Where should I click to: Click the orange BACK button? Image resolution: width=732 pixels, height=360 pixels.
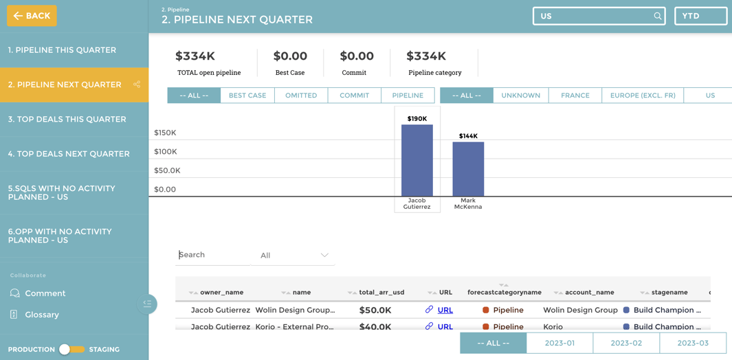[32, 16]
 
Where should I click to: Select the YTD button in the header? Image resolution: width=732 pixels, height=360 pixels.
[700, 16]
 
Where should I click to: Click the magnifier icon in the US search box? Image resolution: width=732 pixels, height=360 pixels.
[657, 16]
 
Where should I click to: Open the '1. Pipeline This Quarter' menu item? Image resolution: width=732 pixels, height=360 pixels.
[62, 50]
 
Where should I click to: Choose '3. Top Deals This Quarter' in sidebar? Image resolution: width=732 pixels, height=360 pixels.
[67, 120]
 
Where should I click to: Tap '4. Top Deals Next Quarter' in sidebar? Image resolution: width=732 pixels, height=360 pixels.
[69, 154]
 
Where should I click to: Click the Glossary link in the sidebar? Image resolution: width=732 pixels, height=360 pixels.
[42, 315]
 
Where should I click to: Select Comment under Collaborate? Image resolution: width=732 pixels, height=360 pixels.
[45, 293]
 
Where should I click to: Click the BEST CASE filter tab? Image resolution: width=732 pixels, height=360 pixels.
[247, 95]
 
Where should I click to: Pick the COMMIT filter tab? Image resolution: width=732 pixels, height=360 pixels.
[354, 95]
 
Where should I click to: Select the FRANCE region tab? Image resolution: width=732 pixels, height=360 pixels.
[575, 95]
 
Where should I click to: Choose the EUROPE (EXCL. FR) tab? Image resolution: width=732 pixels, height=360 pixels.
[643, 95]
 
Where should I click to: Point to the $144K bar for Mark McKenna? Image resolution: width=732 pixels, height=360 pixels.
[468, 169]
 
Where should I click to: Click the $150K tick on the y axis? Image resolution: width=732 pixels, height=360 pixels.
[165, 133]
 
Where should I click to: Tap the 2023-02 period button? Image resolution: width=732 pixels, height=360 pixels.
[626, 343]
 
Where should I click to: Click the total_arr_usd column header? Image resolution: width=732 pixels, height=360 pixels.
[381, 293]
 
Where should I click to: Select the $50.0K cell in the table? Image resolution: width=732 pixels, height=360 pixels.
[375, 311]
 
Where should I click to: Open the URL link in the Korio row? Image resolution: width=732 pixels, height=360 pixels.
[445, 327]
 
